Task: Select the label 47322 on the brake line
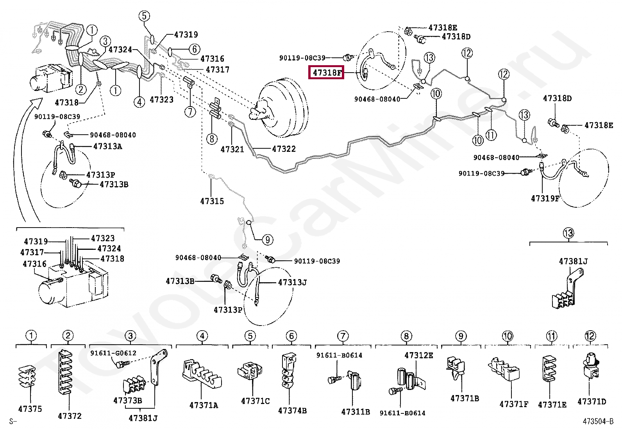[284, 149]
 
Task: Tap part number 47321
[232, 149]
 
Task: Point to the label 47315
[212, 201]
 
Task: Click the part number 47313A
[107, 146]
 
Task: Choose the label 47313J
[292, 282]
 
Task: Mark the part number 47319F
[545, 199]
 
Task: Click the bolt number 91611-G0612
[113, 353]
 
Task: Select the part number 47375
[30, 409]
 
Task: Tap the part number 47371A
[204, 405]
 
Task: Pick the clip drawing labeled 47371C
[250, 371]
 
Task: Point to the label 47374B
[292, 411]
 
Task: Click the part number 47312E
[418, 355]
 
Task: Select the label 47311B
[355, 411]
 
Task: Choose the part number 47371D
[592, 401]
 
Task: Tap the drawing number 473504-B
[598, 421]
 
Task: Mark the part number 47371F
[514, 404]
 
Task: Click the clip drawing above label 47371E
[550, 369]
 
